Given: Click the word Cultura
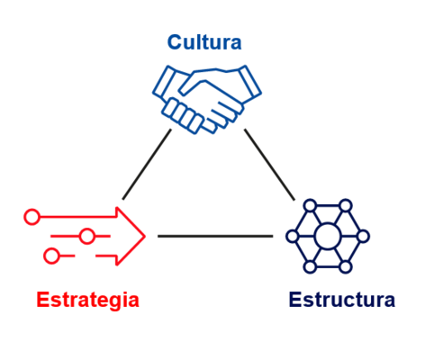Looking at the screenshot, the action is click(x=204, y=42).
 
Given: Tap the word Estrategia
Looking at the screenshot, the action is click(x=87, y=300).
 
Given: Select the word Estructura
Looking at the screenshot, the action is click(x=341, y=300).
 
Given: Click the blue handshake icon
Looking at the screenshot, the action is click(x=207, y=99).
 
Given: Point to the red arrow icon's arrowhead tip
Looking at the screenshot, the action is click(x=145, y=237).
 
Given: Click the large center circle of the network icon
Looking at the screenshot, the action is click(x=328, y=237).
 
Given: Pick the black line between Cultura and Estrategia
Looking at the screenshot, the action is click(x=147, y=164).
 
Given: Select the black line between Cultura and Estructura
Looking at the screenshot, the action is click(x=269, y=165).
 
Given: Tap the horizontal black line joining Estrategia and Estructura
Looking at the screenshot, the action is click(x=215, y=237).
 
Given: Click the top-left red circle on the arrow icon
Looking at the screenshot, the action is click(x=32, y=217).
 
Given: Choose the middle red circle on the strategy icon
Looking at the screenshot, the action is click(x=87, y=237).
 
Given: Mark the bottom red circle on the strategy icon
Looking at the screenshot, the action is click(x=51, y=256).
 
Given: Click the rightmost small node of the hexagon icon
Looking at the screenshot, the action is click(x=363, y=237).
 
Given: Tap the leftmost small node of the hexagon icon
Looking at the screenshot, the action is click(x=293, y=237).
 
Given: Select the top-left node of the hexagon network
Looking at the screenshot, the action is click(x=310, y=206).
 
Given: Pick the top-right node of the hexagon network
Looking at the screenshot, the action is click(x=346, y=206).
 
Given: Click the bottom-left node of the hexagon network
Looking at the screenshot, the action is click(x=310, y=267).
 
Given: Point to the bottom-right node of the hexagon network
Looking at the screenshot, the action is click(x=346, y=267).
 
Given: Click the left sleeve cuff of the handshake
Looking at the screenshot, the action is click(x=166, y=83).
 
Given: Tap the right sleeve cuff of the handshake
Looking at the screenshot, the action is click(x=249, y=82).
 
